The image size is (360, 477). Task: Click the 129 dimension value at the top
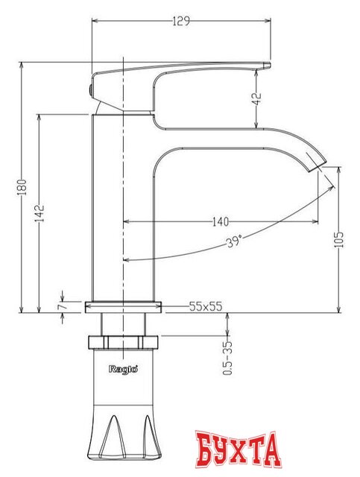point(181,22)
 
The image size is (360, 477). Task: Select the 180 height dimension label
point(22,187)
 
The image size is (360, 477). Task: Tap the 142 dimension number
point(40,213)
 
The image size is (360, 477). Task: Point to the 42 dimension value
point(257,98)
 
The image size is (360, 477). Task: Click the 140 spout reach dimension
point(221,222)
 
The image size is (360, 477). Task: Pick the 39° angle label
point(234,241)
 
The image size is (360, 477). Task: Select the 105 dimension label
point(338,239)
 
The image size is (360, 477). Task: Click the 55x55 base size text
point(206,306)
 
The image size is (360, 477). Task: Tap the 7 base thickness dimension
point(61,306)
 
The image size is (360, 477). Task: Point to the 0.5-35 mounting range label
point(227,358)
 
